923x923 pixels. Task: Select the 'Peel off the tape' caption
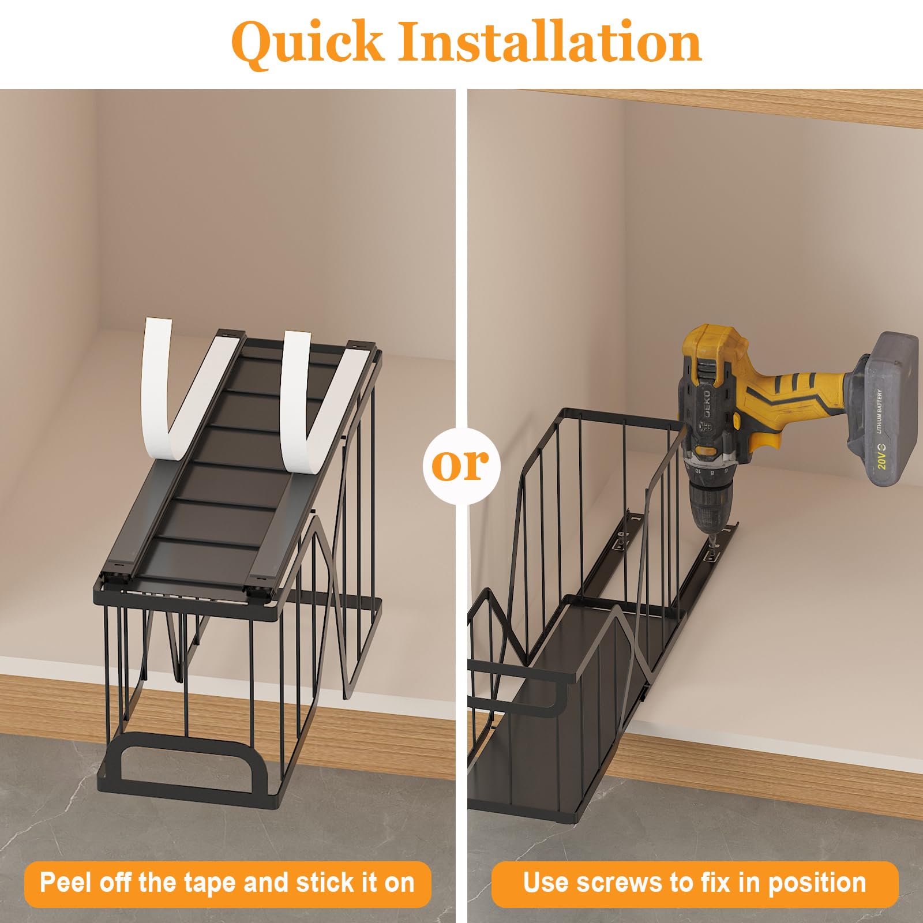coord(227,883)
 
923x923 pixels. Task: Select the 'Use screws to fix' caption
coord(695,883)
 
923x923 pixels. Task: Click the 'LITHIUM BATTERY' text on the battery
coord(880,412)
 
